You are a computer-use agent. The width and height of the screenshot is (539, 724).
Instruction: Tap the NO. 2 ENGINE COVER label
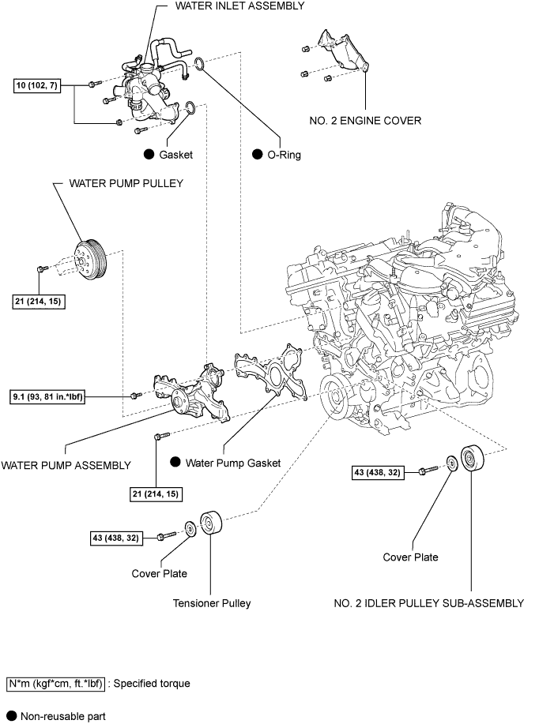(365, 121)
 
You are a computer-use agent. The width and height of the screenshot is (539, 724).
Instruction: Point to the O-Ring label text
(285, 155)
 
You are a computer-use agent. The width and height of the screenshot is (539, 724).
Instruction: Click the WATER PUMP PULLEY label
(126, 182)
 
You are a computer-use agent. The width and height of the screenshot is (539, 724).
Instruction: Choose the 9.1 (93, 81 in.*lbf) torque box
(47, 395)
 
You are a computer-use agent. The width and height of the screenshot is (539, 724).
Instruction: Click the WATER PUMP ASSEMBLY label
(66, 465)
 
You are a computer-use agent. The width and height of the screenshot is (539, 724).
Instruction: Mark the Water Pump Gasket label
(233, 463)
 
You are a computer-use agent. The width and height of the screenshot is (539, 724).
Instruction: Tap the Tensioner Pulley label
(212, 603)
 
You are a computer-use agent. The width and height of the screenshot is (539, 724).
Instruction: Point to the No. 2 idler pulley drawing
(475, 460)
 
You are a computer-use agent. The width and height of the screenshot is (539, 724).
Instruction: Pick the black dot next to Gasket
(148, 155)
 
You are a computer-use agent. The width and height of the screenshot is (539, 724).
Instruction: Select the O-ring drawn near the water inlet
(201, 64)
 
